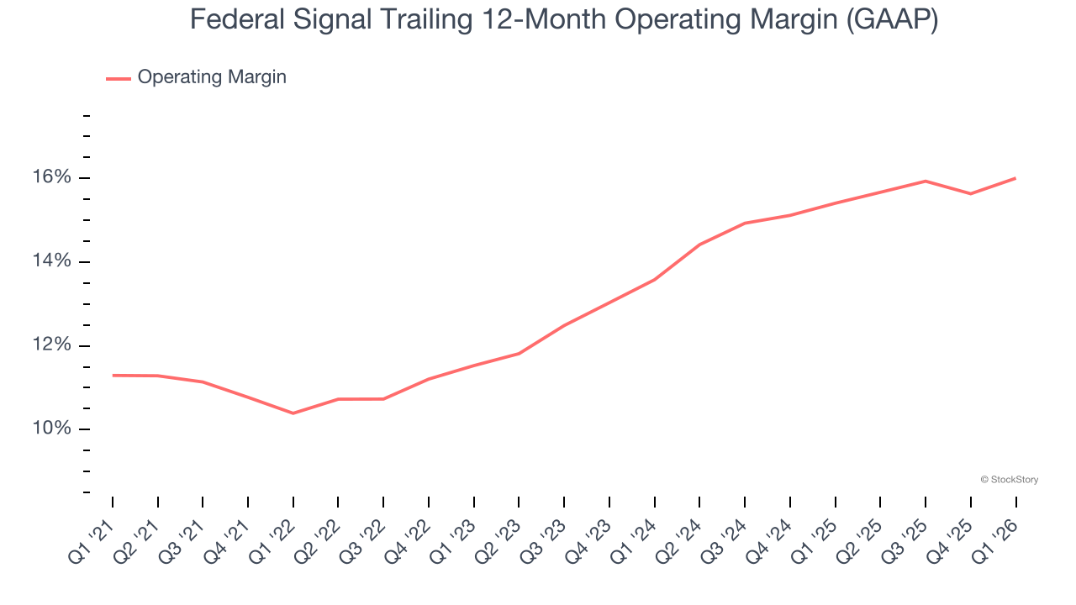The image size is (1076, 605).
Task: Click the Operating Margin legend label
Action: tap(212, 77)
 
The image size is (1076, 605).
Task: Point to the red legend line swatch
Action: tap(118, 78)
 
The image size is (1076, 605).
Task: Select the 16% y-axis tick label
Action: tap(52, 177)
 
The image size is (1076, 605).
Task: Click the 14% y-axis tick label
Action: tap(52, 261)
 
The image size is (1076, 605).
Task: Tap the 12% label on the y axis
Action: tap(52, 345)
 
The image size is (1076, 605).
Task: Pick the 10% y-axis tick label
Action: tap(52, 429)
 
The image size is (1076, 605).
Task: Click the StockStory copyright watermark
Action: tap(1009, 480)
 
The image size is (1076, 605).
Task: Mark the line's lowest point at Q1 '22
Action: tap(293, 413)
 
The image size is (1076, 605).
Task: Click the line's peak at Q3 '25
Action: tap(926, 181)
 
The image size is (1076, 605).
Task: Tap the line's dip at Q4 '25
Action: tap(971, 194)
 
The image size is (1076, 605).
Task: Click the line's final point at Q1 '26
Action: tap(1015, 178)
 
